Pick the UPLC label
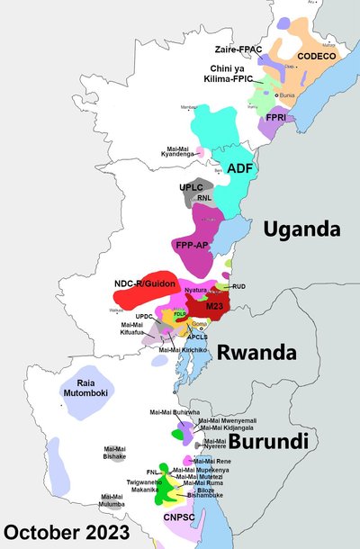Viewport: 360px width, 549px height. pyautogui.click(x=192, y=187)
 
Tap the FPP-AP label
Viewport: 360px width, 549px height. pyautogui.click(x=191, y=244)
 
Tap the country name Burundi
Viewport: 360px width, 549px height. pyautogui.click(x=269, y=441)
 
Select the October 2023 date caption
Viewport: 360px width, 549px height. pyautogui.click(x=66, y=531)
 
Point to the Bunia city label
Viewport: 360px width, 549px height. pyautogui.click(x=288, y=94)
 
